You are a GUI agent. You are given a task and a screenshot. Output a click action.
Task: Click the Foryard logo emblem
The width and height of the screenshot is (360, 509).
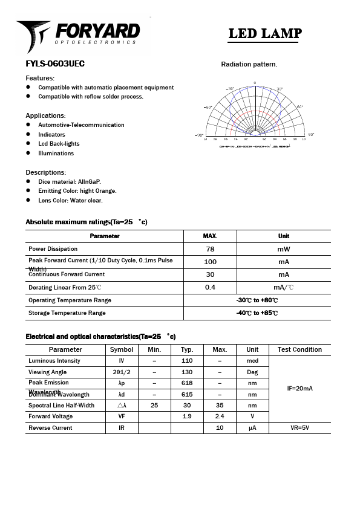33,35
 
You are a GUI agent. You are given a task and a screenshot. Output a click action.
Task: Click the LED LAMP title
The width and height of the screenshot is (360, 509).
264,34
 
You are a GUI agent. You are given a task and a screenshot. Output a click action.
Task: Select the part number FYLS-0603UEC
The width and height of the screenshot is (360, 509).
55,64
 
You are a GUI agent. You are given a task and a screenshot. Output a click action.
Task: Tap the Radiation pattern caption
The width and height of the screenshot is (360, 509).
249,64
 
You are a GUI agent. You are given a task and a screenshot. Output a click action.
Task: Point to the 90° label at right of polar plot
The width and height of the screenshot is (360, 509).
311,135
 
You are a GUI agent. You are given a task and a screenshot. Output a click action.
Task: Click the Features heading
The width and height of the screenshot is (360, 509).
40,78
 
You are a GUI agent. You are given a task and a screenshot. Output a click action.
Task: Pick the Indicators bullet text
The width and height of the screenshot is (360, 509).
51,135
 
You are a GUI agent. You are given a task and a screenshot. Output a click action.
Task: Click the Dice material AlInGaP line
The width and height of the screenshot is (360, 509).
70,181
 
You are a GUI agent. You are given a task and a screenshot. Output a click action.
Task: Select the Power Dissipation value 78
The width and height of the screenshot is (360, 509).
210,249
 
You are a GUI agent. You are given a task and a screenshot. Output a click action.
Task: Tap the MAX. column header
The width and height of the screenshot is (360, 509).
210,236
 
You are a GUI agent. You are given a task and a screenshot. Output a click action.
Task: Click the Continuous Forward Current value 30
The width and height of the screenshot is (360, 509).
210,274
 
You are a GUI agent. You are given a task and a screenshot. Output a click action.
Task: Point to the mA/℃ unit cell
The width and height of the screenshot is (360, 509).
283,288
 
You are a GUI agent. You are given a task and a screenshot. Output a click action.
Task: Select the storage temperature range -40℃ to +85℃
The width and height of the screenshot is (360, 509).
257,313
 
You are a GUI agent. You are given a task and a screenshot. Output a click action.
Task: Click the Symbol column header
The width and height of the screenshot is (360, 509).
122,349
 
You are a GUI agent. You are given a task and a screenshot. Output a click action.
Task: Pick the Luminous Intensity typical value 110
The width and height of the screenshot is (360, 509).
187,361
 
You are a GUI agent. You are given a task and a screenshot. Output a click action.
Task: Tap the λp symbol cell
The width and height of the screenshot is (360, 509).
122,383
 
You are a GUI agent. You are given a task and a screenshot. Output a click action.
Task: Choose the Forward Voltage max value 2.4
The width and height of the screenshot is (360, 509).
220,417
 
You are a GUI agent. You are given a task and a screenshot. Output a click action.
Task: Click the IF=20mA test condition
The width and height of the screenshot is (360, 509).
299,389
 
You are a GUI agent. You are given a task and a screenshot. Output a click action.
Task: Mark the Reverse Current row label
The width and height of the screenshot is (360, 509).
50,428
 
